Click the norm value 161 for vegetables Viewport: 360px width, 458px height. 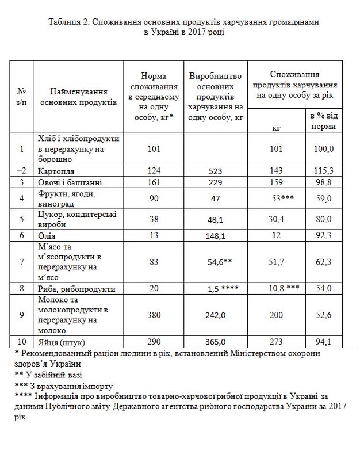pyautogui.click(x=152, y=182)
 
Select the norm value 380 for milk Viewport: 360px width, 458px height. pyautogui.click(x=152, y=315)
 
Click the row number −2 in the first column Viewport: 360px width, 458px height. pyautogui.click(x=22, y=171)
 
